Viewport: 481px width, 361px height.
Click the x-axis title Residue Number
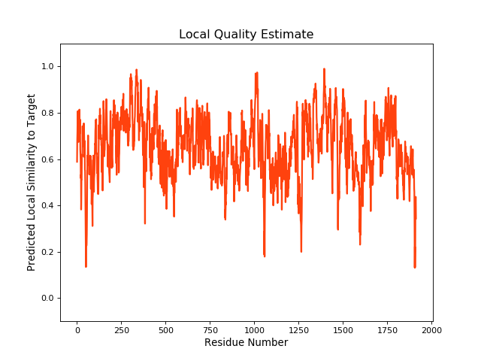(246, 343)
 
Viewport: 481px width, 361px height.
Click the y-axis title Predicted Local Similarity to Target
(32, 182)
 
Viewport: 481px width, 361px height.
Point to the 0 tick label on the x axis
(77, 329)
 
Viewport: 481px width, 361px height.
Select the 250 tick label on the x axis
(121, 329)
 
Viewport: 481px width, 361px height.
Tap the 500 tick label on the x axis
(165, 329)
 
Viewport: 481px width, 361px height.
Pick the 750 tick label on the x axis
(210, 329)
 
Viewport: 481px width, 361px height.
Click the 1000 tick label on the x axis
(254, 329)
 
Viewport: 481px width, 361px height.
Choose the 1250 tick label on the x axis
(298, 329)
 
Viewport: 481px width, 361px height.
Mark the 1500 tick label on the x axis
(343, 329)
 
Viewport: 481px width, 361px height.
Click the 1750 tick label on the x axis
(387, 329)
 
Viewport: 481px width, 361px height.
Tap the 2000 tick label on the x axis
(431, 329)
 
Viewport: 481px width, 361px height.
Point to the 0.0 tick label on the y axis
(49, 299)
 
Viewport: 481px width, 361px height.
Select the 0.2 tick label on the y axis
(49, 252)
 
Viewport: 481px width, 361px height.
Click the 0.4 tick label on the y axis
(49, 205)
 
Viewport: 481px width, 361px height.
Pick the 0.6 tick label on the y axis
(49, 159)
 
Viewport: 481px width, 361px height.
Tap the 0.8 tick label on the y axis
(49, 113)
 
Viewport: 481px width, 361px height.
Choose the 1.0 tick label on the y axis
(49, 66)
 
